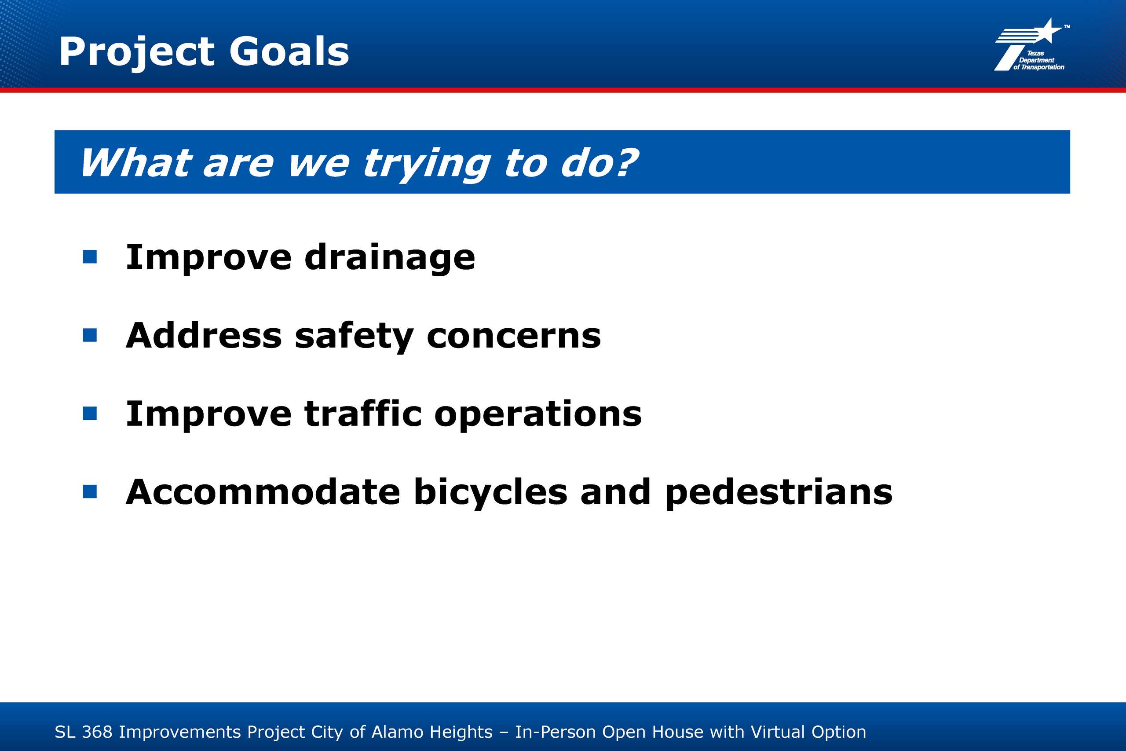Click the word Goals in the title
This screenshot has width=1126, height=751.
pyautogui.click(x=289, y=51)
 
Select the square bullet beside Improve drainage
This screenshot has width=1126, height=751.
pyautogui.click(x=90, y=257)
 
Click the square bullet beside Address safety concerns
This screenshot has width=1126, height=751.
pyautogui.click(x=90, y=335)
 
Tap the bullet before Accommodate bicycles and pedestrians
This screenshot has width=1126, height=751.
pyautogui.click(x=90, y=491)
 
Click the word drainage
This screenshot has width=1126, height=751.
pyautogui.click(x=390, y=259)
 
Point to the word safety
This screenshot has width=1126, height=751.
pyautogui.click(x=354, y=337)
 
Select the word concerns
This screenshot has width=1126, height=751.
pyautogui.click(x=514, y=336)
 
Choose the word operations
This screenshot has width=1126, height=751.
pyautogui.click(x=538, y=415)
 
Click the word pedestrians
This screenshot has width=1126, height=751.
pyautogui.click(x=779, y=493)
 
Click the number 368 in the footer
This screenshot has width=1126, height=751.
pyautogui.click(x=97, y=732)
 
